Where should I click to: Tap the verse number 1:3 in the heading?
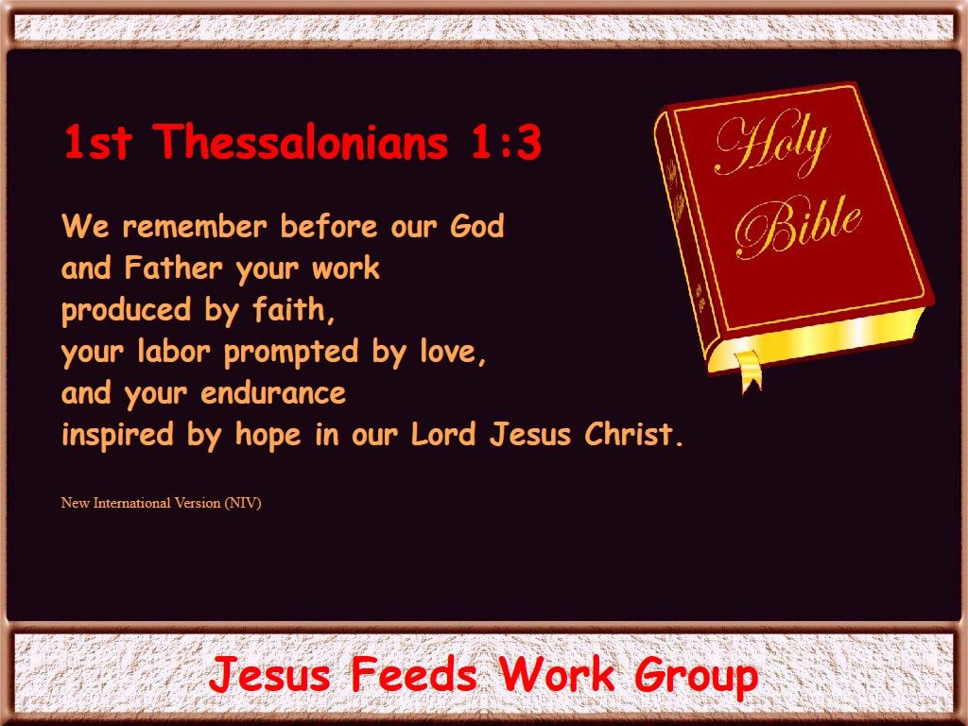tap(507, 143)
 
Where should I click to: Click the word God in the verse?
tap(477, 226)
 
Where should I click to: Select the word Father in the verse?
tap(173, 268)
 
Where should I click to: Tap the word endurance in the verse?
tap(273, 393)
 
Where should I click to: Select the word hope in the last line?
tap(268, 436)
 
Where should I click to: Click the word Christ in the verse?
tap(634, 434)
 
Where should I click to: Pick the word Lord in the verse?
tap(443, 434)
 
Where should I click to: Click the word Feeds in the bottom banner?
tap(414, 674)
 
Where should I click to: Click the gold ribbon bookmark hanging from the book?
tap(749, 372)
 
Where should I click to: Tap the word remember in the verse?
tap(195, 226)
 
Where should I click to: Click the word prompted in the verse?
tap(291, 353)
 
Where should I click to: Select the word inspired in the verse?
tap(117, 435)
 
